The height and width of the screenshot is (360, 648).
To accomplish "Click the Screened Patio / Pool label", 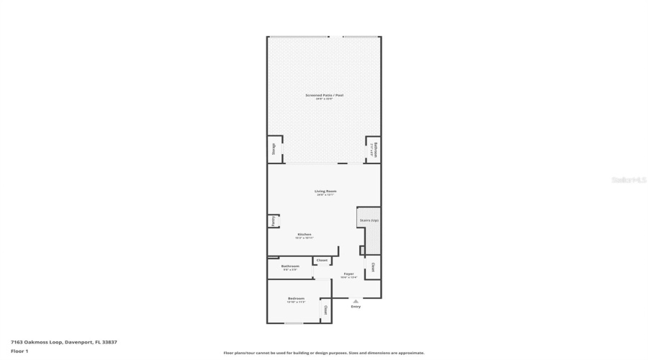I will pos(323,95).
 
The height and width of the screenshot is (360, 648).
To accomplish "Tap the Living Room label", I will pos(325,191).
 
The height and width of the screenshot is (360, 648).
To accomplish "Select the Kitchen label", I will pos(305,234).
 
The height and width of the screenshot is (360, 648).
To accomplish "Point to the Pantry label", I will pos(274,222).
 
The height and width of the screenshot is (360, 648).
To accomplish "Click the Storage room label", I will pos(274,149).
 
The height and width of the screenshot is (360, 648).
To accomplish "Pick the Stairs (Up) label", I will pos(369,220).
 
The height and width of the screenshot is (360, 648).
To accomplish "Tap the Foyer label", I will pos(348,274).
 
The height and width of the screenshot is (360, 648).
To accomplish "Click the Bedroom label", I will pos(296,298).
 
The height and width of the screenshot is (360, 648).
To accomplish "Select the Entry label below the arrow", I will pos(355,307).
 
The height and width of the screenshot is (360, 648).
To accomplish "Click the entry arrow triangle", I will pos(355,301).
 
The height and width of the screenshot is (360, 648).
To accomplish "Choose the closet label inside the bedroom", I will pos(325,310).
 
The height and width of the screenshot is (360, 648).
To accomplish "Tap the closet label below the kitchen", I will pos(322,260).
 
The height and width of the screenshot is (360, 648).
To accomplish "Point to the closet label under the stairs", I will pos(373,267).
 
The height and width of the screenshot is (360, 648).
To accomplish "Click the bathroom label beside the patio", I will pos(374,150).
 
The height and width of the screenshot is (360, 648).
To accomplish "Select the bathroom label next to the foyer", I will pos(290,266).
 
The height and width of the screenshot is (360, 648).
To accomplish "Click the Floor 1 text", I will pos(19,351).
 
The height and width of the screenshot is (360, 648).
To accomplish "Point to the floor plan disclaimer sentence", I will pos(324,353).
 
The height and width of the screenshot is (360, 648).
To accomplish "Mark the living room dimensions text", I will pos(325,195).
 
